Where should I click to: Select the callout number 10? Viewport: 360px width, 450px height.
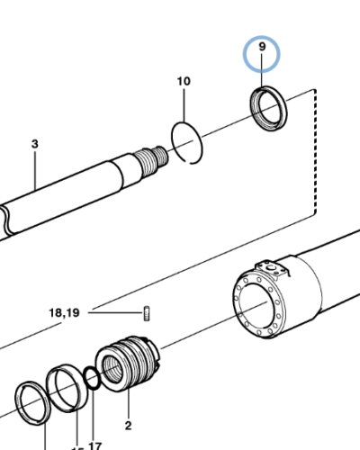184,82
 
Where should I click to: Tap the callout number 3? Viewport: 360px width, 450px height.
35,144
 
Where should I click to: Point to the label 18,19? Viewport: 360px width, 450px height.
64,313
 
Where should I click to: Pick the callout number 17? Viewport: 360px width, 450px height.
95,444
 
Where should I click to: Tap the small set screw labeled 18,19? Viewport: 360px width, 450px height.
144,313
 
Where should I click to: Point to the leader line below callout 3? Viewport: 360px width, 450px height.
35,171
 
